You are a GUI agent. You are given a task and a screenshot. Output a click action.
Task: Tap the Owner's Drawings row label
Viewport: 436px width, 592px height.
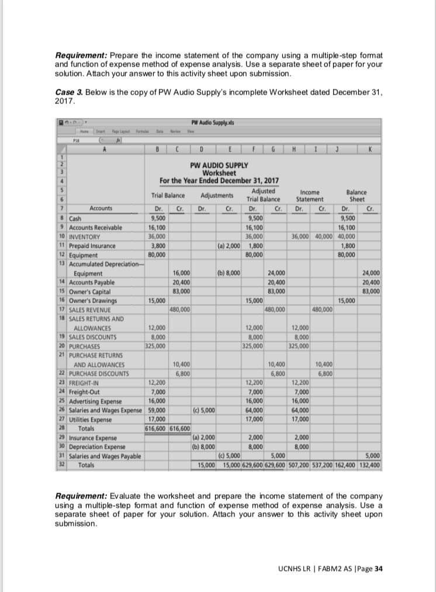coord(92,300)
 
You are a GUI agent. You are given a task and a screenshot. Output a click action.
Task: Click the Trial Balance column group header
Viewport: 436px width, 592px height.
coord(168,195)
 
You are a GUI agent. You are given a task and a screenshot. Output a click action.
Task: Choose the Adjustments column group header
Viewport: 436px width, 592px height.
coord(217,195)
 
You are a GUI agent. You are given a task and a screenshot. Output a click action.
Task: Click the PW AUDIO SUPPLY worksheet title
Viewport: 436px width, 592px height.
coord(219,165)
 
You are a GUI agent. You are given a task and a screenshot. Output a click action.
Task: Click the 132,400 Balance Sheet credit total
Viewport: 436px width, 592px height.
coord(369,466)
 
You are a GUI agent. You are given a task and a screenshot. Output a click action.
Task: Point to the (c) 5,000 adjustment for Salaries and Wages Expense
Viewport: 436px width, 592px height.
coord(205,410)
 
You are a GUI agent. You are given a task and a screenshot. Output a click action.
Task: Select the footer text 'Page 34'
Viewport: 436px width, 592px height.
coord(370,569)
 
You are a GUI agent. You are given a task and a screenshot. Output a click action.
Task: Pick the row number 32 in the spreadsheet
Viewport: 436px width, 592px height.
coord(61,465)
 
